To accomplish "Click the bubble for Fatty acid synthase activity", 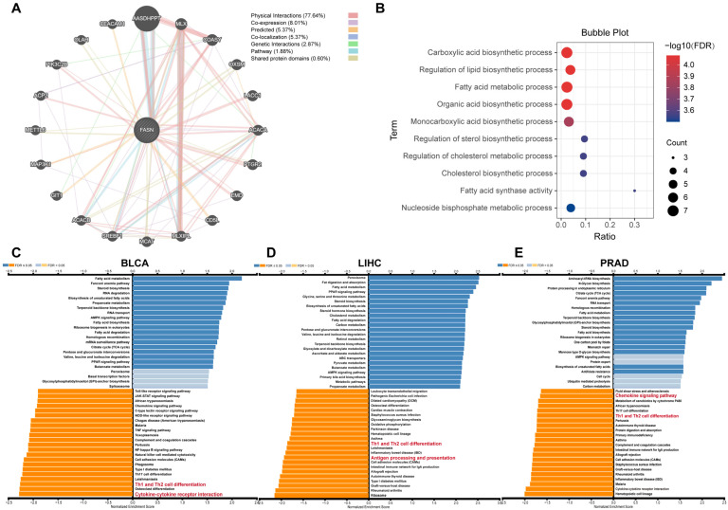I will coord(634,191).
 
